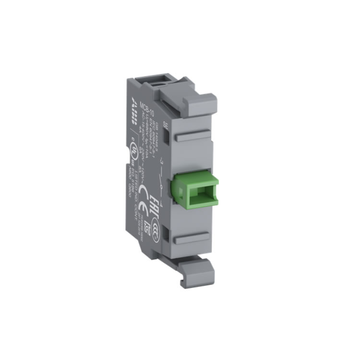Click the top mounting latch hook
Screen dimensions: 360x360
click(200, 102)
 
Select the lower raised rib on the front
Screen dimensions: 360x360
click(192, 239)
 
